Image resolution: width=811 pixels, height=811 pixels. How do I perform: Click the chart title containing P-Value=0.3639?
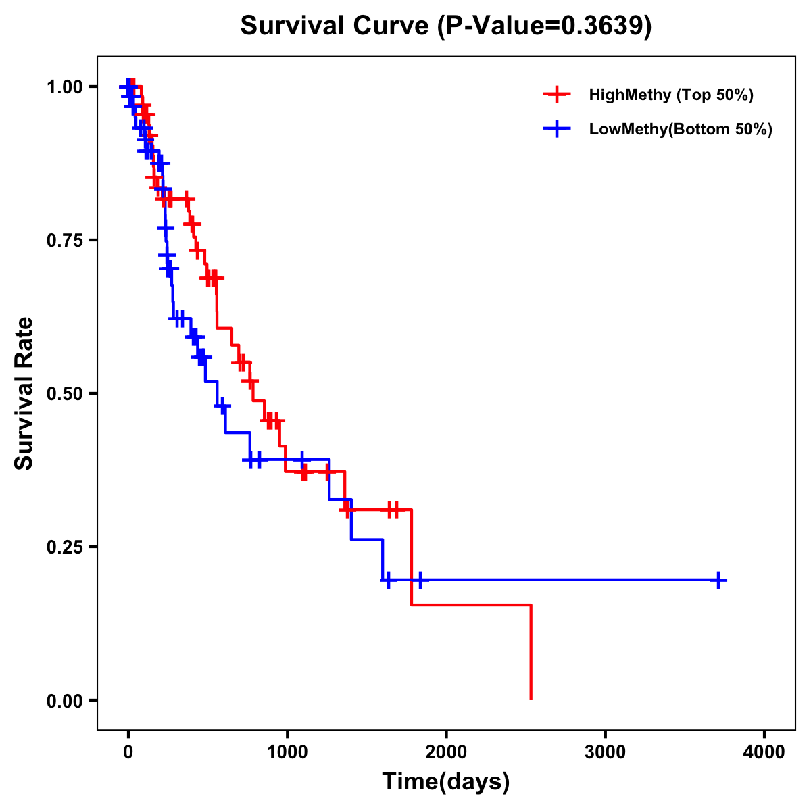click(x=446, y=26)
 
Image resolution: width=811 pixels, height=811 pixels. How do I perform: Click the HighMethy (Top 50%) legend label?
click(x=671, y=95)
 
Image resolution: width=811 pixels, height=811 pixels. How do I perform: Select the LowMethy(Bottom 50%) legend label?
click(x=681, y=129)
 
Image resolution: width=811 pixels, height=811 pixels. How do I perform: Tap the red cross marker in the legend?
click(x=556, y=95)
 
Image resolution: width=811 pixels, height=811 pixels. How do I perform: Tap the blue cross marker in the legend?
click(x=556, y=129)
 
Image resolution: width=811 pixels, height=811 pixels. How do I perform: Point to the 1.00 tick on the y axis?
click(x=65, y=87)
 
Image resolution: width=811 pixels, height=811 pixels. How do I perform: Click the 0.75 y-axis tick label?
click(x=65, y=241)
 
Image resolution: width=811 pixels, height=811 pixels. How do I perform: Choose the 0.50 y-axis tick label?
click(x=65, y=393)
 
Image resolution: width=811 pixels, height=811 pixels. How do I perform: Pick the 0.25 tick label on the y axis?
click(x=65, y=547)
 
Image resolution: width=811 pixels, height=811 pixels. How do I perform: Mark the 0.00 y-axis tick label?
click(x=65, y=700)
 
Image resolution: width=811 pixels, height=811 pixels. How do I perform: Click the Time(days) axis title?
click(x=446, y=782)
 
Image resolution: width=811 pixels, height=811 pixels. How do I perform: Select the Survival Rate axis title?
click(x=25, y=393)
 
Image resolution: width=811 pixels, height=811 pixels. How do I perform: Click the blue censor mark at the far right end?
click(x=719, y=580)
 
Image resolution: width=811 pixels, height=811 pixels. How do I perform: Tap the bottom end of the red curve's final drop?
click(x=531, y=699)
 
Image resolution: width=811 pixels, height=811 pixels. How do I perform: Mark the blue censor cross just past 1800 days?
click(x=420, y=580)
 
